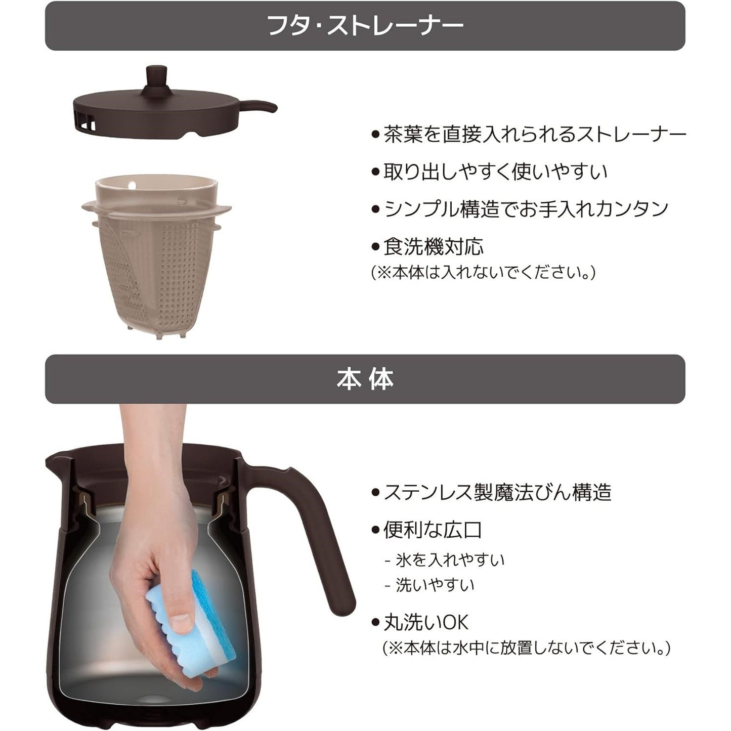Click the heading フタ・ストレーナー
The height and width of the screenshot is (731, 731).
coord(365,25)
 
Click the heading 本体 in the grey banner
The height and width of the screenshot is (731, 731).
coord(365,379)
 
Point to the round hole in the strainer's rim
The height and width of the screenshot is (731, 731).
coord(132,186)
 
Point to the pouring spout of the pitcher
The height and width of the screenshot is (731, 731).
coord(57,459)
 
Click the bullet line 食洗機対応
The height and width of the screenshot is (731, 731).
coord(427,247)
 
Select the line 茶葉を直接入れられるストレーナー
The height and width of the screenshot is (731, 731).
coord(529,134)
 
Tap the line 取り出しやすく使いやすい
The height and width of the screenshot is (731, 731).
coord(489,171)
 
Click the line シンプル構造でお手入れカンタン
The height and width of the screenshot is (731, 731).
coord(520,209)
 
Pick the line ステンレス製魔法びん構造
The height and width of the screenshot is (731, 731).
coord(491,492)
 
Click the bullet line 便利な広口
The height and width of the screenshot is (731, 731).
coord(427,530)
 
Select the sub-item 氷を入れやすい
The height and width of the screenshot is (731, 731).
coord(445,560)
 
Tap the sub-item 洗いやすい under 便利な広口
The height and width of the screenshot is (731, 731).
coord(429,585)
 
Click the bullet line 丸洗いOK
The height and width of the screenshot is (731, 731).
coord(420,622)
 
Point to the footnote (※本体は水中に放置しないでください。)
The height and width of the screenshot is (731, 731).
coord(527,648)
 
